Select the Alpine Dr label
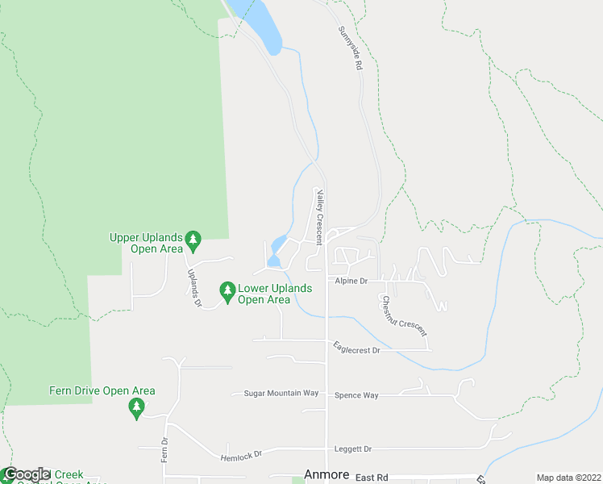351,281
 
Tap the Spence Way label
356,395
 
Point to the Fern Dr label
164,449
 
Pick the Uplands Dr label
194,288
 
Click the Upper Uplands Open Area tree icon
193,240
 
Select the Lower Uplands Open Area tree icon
227,289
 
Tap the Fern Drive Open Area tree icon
135,410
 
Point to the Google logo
26,474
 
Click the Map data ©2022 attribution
568,478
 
